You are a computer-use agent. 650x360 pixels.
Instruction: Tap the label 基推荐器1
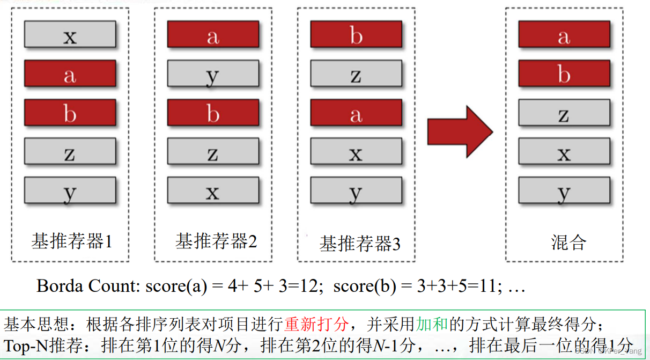71,241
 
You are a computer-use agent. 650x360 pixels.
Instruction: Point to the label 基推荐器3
360,244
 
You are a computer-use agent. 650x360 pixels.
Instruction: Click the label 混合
568,243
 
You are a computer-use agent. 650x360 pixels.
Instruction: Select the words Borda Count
88,286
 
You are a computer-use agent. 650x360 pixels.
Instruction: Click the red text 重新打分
317,324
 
